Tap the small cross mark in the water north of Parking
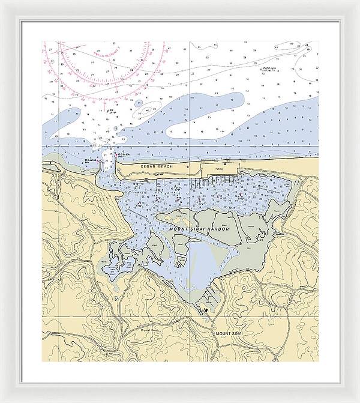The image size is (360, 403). (x=221, y=130)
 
